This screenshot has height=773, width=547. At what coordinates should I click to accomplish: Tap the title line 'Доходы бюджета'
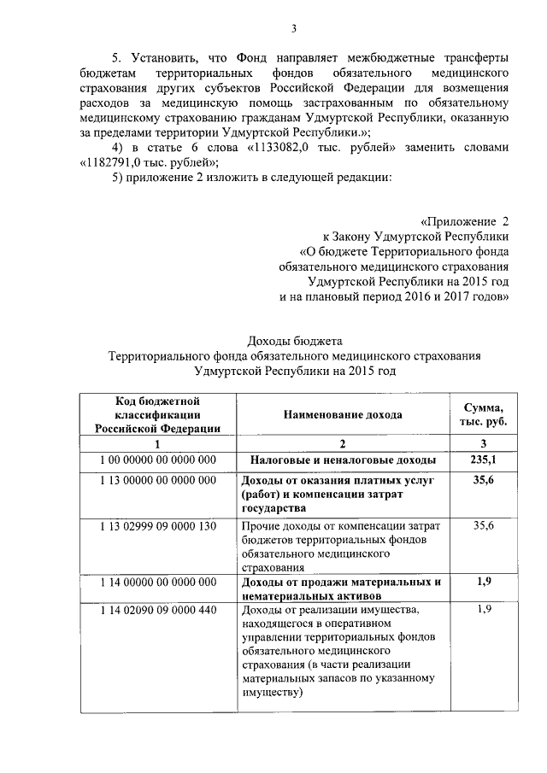coord(294,343)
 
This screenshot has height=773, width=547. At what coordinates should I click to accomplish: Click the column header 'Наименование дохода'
coord(345,414)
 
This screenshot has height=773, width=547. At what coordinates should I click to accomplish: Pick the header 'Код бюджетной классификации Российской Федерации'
coord(158,414)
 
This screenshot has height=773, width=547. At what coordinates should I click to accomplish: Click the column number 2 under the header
coord(344,444)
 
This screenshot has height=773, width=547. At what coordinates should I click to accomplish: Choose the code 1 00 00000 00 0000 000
coord(158,460)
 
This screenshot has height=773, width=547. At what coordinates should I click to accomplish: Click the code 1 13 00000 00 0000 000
coord(158,481)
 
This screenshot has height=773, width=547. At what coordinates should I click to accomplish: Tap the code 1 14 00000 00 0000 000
coord(158,583)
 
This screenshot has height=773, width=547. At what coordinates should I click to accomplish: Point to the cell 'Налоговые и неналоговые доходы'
coord(343,460)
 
